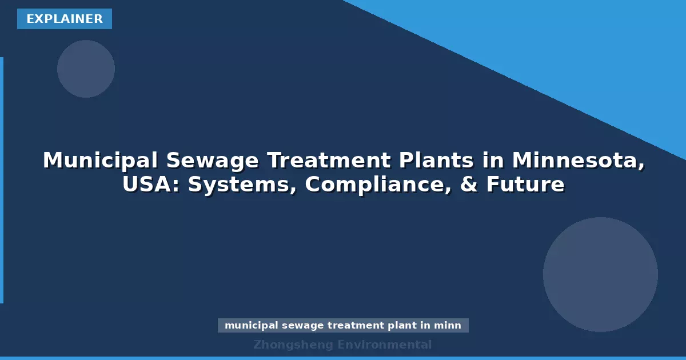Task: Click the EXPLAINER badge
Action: (x=65, y=19)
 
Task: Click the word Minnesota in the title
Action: (x=578, y=161)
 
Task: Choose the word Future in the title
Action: (x=525, y=185)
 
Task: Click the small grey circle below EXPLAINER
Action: (x=86, y=69)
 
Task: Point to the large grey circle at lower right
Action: (x=600, y=274)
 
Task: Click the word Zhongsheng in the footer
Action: (x=293, y=345)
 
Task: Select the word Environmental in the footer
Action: (x=385, y=345)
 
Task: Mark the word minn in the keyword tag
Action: (x=447, y=326)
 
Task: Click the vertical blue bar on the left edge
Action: (x=2, y=180)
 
